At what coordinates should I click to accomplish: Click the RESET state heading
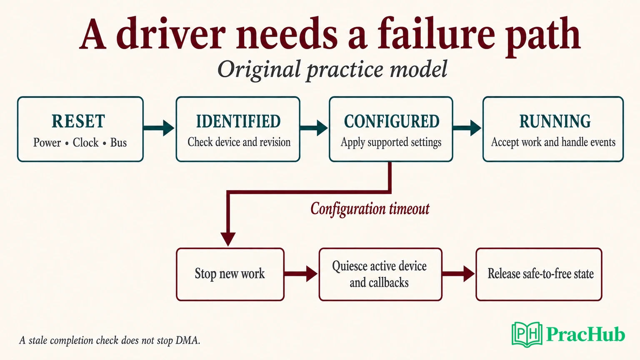point(78,121)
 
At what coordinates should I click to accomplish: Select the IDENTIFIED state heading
point(238,121)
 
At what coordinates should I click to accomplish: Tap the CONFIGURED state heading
point(392,121)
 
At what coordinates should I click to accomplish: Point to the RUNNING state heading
point(555,121)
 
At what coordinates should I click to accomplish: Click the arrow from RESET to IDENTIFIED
point(159,128)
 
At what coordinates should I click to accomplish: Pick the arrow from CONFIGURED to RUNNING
point(467,128)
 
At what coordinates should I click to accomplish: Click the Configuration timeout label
point(370,209)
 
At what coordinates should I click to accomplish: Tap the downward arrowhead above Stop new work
point(228,239)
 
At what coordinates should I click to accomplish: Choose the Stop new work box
point(230,274)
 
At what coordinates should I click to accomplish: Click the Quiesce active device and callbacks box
point(380,274)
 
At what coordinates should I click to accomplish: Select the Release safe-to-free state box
point(539,274)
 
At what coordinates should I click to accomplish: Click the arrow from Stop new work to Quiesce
point(301,274)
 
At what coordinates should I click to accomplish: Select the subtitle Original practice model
point(332,70)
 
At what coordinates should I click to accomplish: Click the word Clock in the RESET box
point(85,142)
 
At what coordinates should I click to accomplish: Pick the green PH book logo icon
point(527,335)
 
